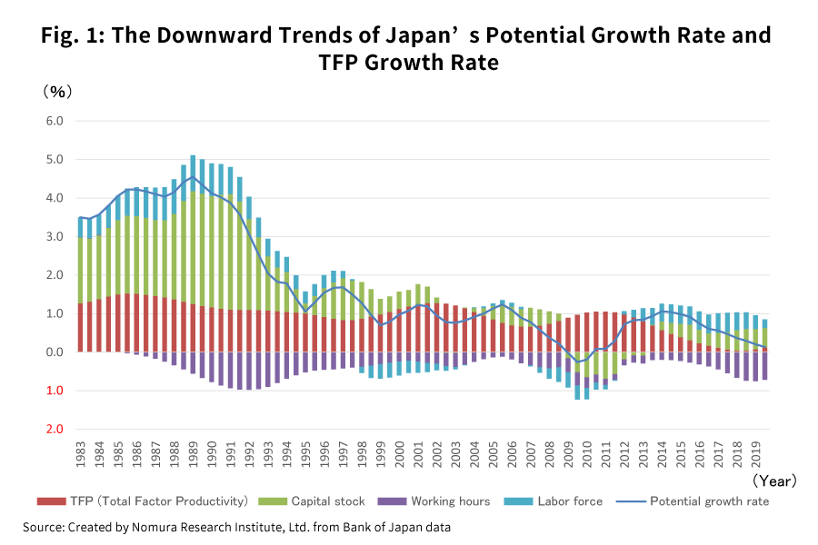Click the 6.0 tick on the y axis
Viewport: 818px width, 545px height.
(x=54, y=121)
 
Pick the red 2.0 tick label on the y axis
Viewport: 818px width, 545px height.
(x=54, y=429)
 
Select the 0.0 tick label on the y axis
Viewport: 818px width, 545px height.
(x=54, y=352)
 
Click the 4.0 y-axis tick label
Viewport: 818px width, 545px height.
(x=54, y=198)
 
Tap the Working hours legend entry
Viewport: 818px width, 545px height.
(x=450, y=501)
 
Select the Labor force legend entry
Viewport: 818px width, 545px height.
(x=569, y=501)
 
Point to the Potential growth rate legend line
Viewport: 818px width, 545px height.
(x=630, y=501)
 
